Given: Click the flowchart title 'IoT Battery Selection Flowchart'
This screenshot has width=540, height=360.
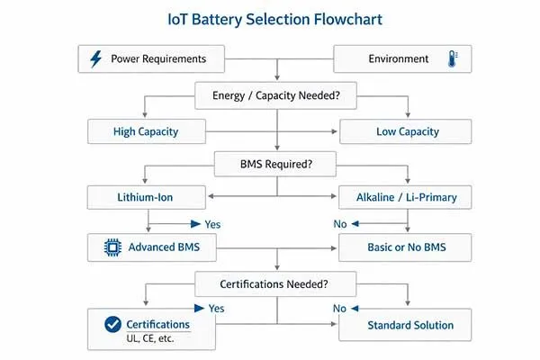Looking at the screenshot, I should tap(270, 18).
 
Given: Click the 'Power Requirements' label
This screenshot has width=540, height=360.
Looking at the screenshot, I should tap(158, 59).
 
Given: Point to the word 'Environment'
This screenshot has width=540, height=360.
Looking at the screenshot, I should tap(399, 59).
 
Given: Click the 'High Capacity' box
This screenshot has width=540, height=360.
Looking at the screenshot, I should tap(147, 131).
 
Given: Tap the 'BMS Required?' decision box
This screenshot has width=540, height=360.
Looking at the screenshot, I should tap(274, 166).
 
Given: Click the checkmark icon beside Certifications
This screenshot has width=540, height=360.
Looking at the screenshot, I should tap(112, 324).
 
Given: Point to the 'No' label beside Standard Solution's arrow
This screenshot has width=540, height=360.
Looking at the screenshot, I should tap(339, 307).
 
